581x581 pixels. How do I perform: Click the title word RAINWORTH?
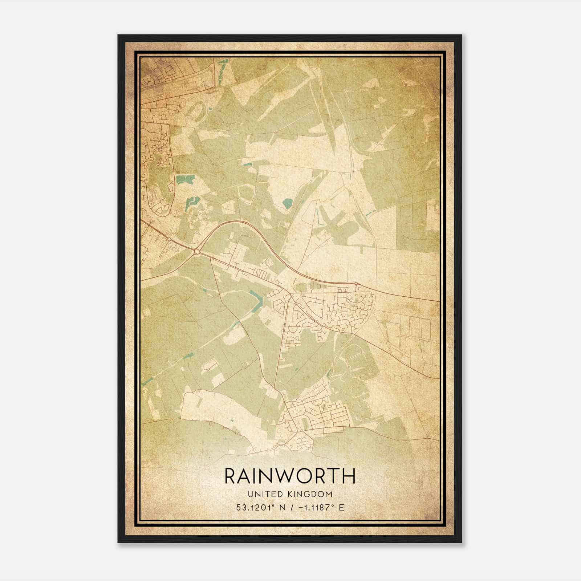point(290,476)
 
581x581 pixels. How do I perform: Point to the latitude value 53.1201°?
point(255,507)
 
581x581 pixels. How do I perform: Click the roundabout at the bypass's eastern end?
point(356,284)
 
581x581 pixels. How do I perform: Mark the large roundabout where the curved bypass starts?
point(197,251)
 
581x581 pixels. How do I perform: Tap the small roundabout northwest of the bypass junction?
point(169,239)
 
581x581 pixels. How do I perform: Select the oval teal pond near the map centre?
point(287,203)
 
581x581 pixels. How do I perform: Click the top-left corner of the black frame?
point(118,35)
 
